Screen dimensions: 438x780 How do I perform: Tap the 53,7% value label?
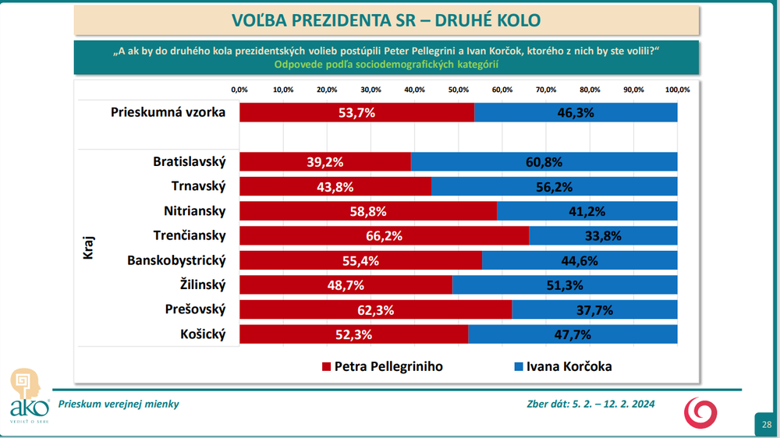(x=356, y=112)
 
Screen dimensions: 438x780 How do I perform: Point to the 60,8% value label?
(x=544, y=162)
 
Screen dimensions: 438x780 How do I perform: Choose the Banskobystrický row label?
(x=176, y=260)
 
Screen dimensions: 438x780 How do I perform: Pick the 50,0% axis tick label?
(x=459, y=90)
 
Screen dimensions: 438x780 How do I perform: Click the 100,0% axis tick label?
(x=677, y=90)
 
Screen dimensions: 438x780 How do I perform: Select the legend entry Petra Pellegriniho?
(x=382, y=366)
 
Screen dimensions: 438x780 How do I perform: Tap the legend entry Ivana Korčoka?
(x=562, y=366)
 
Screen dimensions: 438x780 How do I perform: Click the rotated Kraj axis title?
(x=87, y=248)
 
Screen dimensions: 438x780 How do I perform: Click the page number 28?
(x=766, y=424)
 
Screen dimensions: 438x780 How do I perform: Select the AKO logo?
(x=25, y=395)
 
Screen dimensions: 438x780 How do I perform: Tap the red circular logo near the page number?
(x=697, y=411)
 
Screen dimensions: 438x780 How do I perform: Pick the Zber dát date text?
(x=590, y=404)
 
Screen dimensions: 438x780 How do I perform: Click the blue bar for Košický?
(x=573, y=334)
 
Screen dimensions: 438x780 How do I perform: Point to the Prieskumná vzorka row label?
(x=168, y=111)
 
